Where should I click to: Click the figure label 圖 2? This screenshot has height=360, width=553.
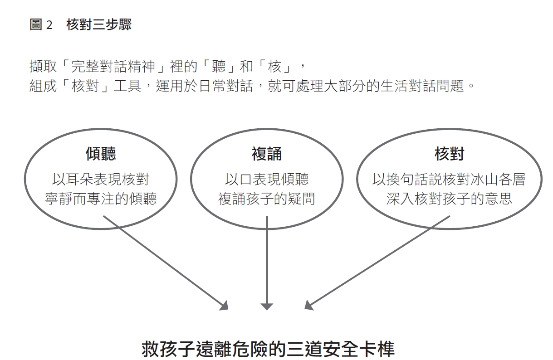tap(41, 24)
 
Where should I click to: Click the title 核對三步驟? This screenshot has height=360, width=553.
tap(99, 24)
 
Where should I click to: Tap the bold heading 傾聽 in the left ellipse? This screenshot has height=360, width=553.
tap(101, 154)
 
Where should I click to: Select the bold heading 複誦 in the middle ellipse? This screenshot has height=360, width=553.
tap(267, 154)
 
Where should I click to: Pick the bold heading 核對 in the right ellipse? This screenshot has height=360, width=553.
tap(450, 154)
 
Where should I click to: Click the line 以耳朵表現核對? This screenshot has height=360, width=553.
tap(101, 179)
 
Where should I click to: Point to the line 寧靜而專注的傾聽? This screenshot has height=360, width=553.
tap(101, 199)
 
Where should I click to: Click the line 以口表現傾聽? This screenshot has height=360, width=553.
tap(267, 179)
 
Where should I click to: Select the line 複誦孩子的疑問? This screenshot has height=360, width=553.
tap(267, 199)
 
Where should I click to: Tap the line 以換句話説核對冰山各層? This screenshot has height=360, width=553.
tap(449, 179)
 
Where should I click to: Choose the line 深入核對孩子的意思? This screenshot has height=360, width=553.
tap(449, 199)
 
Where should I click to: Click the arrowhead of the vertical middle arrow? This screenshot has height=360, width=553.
tap(267, 306)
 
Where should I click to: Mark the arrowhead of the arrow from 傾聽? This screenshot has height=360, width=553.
tap(225, 306)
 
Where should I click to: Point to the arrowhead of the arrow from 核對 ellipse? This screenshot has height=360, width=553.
tap(308, 305)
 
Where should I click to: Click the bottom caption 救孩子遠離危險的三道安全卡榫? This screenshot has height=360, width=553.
tap(268, 349)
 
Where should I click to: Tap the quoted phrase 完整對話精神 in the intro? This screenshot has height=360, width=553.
tap(113, 67)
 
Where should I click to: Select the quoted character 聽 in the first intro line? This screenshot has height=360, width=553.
tap(219, 67)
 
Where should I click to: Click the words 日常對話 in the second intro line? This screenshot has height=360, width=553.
tap(226, 86)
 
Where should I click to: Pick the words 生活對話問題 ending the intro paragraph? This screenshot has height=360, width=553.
tap(422, 86)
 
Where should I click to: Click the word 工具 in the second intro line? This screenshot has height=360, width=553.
tap(127, 86)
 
